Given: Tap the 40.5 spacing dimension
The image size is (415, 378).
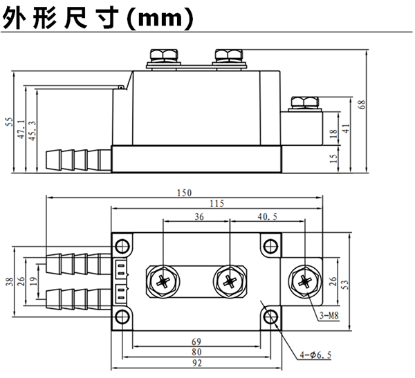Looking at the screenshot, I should (266, 217).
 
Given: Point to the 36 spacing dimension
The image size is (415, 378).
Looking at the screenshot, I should (199, 217).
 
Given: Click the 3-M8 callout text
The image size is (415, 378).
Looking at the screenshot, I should (329, 317).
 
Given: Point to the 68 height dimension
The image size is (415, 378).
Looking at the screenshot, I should (362, 106).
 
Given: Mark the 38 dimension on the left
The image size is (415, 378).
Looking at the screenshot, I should (9, 281).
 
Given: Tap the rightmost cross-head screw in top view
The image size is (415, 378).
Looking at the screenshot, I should (304, 281).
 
